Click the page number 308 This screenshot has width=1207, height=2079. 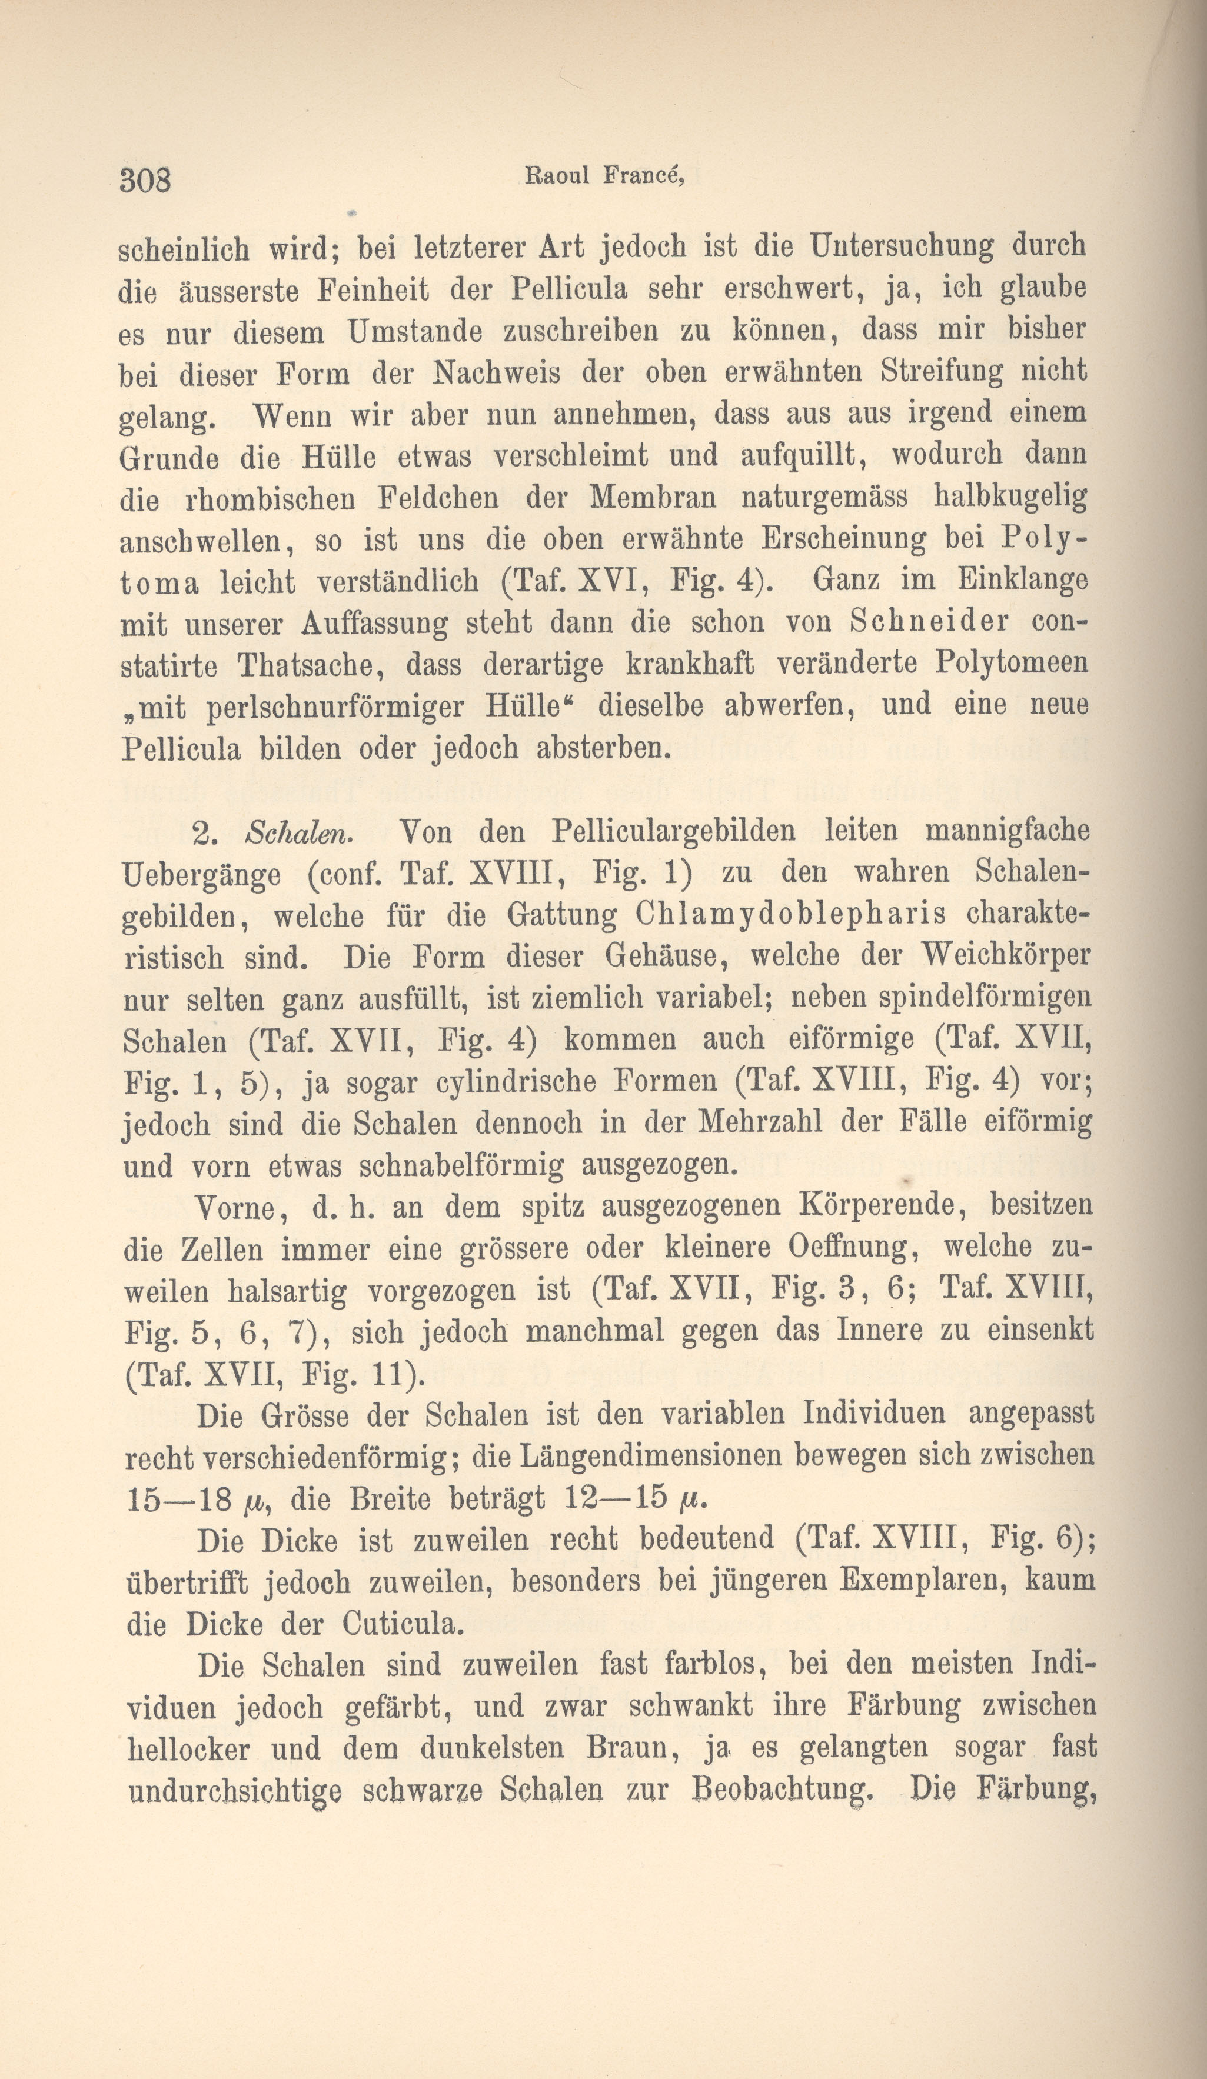[145, 178]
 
